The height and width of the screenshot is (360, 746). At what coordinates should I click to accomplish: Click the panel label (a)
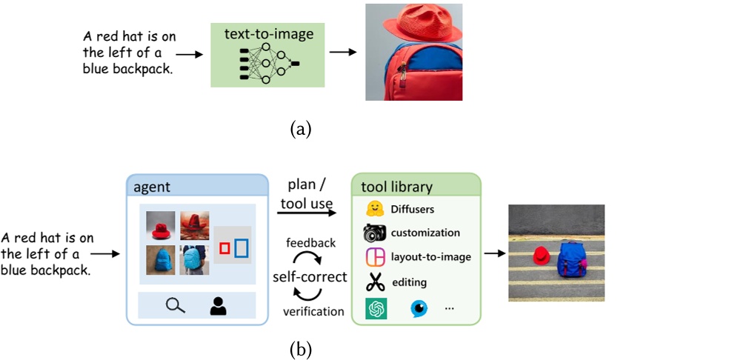[x=301, y=130]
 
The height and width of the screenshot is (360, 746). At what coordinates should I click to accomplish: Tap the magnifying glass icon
[x=175, y=305]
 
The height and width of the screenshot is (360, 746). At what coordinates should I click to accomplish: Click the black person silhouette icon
[x=218, y=305]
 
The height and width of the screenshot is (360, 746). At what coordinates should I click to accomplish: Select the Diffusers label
[x=412, y=208]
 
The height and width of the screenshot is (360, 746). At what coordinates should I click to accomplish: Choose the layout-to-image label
[x=430, y=257]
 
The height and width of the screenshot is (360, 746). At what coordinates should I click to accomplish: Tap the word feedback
[x=310, y=243]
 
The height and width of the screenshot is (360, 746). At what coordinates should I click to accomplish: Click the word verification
[x=313, y=311]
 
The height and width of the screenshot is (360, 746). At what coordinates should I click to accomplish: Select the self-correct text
[x=310, y=277]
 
